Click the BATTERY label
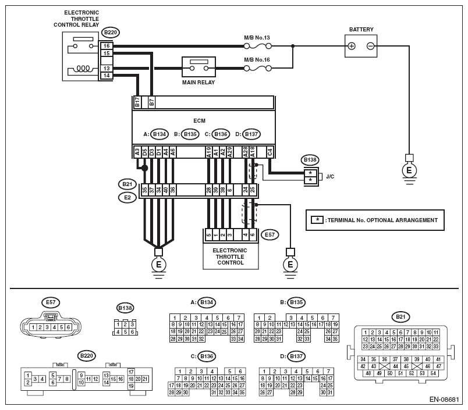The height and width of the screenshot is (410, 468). point(361,29)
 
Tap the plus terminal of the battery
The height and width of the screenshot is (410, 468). point(352,46)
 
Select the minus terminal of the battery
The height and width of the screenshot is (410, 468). point(371,46)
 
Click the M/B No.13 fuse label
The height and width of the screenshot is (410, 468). point(257,38)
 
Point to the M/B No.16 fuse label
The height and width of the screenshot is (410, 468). point(257,60)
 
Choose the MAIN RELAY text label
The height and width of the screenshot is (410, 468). point(199,83)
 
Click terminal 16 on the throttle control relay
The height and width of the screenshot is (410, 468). point(107,45)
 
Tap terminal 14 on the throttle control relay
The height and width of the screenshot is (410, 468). point(107,76)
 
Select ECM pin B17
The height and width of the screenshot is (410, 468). point(137,103)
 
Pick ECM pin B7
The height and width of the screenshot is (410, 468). point(152,103)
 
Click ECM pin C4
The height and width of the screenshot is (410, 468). point(270,152)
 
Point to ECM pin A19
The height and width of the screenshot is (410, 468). point(209,152)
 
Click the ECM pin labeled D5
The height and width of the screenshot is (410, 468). point(144,152)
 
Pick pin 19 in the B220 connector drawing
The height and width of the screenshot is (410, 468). point(131,385)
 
